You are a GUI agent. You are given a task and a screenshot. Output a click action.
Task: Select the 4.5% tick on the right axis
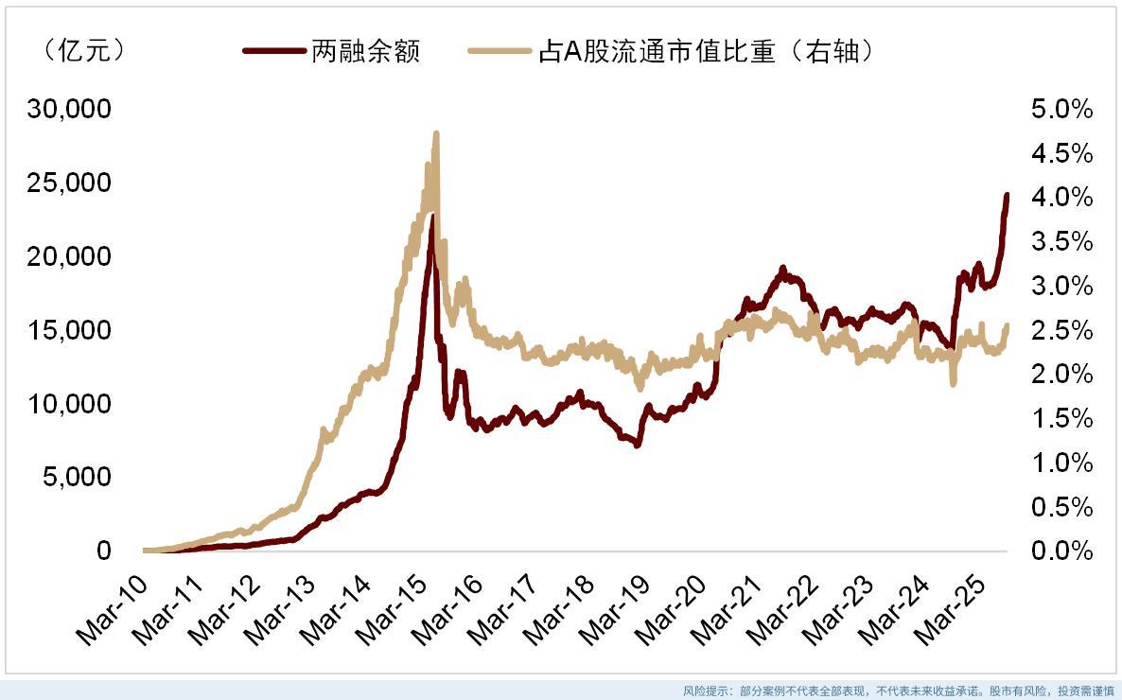tap(1061, 153)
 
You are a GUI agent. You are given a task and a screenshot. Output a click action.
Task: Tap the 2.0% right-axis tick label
tap(1061, 375)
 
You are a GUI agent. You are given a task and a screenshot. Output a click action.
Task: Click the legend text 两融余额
tap(365, 52)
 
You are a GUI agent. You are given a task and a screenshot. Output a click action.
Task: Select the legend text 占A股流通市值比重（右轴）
tap(705, 52)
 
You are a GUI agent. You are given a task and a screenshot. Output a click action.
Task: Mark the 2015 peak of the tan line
tap(436, 134)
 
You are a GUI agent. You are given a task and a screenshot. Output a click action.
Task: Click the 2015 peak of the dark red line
tap(432, 218)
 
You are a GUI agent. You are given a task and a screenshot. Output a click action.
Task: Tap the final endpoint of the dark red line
tap(1007, 196)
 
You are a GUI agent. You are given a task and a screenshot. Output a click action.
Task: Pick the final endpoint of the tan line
tap(1007, 325)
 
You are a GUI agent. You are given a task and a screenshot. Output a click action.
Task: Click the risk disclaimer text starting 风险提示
tap(899, 691)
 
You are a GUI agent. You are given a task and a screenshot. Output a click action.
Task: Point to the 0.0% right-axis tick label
tap(1061, 551)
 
